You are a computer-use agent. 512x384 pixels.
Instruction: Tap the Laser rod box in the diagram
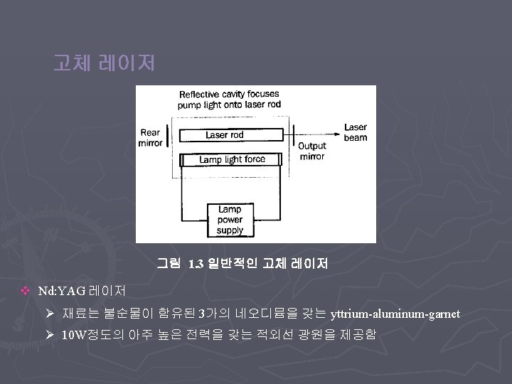tap(225, 135)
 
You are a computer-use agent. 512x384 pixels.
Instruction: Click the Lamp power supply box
tap(230, 220)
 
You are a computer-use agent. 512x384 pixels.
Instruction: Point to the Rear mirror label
tap(150, 137)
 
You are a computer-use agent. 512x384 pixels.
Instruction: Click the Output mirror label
tap(312, 151)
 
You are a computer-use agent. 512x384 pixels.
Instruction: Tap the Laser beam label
tap(356, 132)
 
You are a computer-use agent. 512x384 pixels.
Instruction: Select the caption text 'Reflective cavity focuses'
tap(229, 94)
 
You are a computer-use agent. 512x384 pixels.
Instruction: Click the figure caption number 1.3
tap(197, 265)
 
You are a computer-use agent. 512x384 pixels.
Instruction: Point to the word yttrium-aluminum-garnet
tap(395, 314)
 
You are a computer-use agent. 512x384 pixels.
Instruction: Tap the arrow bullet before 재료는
tap(49, 314)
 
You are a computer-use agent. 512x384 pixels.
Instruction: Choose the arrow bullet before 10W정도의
tap(49, 334)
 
